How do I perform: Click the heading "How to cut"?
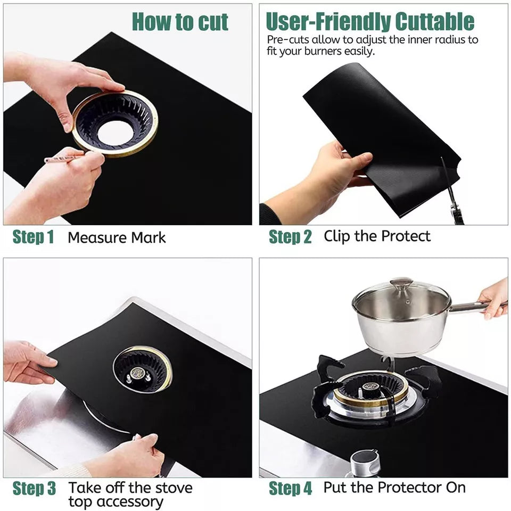[x=180, y=22]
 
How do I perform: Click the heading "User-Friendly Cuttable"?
[x=369, y=22]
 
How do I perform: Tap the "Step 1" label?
[x=33, y=237]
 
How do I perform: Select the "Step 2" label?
[x=290, y=237]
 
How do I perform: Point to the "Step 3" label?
[x=34, y=488]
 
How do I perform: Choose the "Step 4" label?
[x=290, y=488]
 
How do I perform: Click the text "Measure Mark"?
[x=117, y=237]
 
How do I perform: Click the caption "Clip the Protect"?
[x=377, y=236]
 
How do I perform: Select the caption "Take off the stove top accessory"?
[x=130, y=494]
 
